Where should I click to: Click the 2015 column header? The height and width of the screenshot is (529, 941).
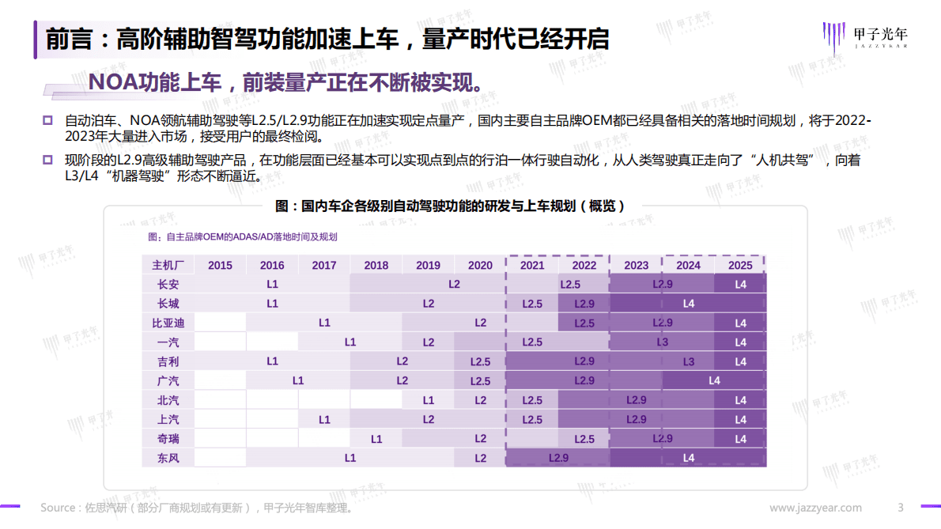click(220, 265)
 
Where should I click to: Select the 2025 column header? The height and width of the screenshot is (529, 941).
click(740, 265)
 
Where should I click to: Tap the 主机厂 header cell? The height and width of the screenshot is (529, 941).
click(168, 265)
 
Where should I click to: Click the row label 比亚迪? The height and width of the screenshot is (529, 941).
click(168, 323)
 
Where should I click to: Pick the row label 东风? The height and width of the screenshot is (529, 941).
click(168, 458)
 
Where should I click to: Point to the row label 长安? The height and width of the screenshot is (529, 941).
click(168, 284)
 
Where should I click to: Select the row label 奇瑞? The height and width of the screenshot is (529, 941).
click(168, 438)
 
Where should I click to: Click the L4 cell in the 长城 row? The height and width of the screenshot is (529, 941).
click(688, 304)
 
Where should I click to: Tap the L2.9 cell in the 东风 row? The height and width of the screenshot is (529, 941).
click(558, 458)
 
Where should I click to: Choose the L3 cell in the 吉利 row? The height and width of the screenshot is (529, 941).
click(688, 361)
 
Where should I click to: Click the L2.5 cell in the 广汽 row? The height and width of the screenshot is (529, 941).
click(480, 380)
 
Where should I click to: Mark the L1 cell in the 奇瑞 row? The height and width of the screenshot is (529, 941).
click(376, 438)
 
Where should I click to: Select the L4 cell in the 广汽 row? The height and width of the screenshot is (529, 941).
click(714, 380)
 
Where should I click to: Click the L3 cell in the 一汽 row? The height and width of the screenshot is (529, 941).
click(663, 342)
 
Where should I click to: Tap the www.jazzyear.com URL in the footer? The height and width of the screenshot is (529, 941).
click(815, 508)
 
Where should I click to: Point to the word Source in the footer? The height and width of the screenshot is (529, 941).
click(58, 508)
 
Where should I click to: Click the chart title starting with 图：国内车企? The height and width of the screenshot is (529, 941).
click(450, 206)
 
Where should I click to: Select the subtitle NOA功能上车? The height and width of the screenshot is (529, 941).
click(285, 82)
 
